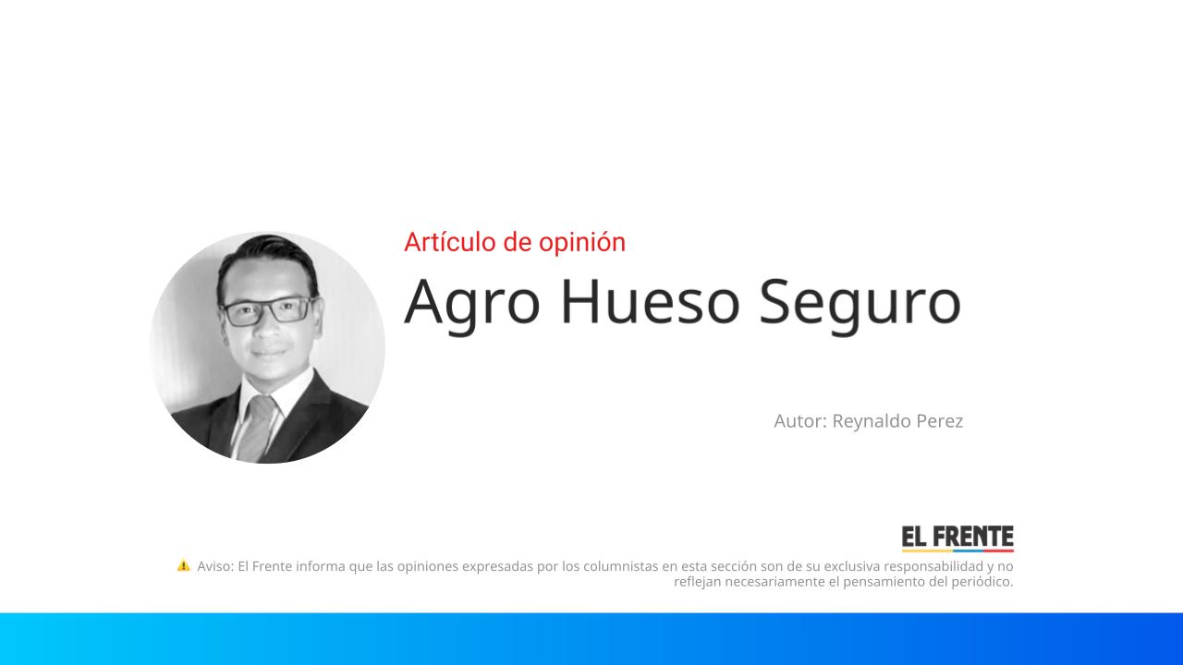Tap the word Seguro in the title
click(860, 302)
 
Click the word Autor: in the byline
click(800, 421)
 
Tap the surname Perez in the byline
click(939, 421)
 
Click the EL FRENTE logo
click(957, 538)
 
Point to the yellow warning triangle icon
click(184, 565)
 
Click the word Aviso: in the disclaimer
click(215, 566)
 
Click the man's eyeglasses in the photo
click(268, 309)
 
